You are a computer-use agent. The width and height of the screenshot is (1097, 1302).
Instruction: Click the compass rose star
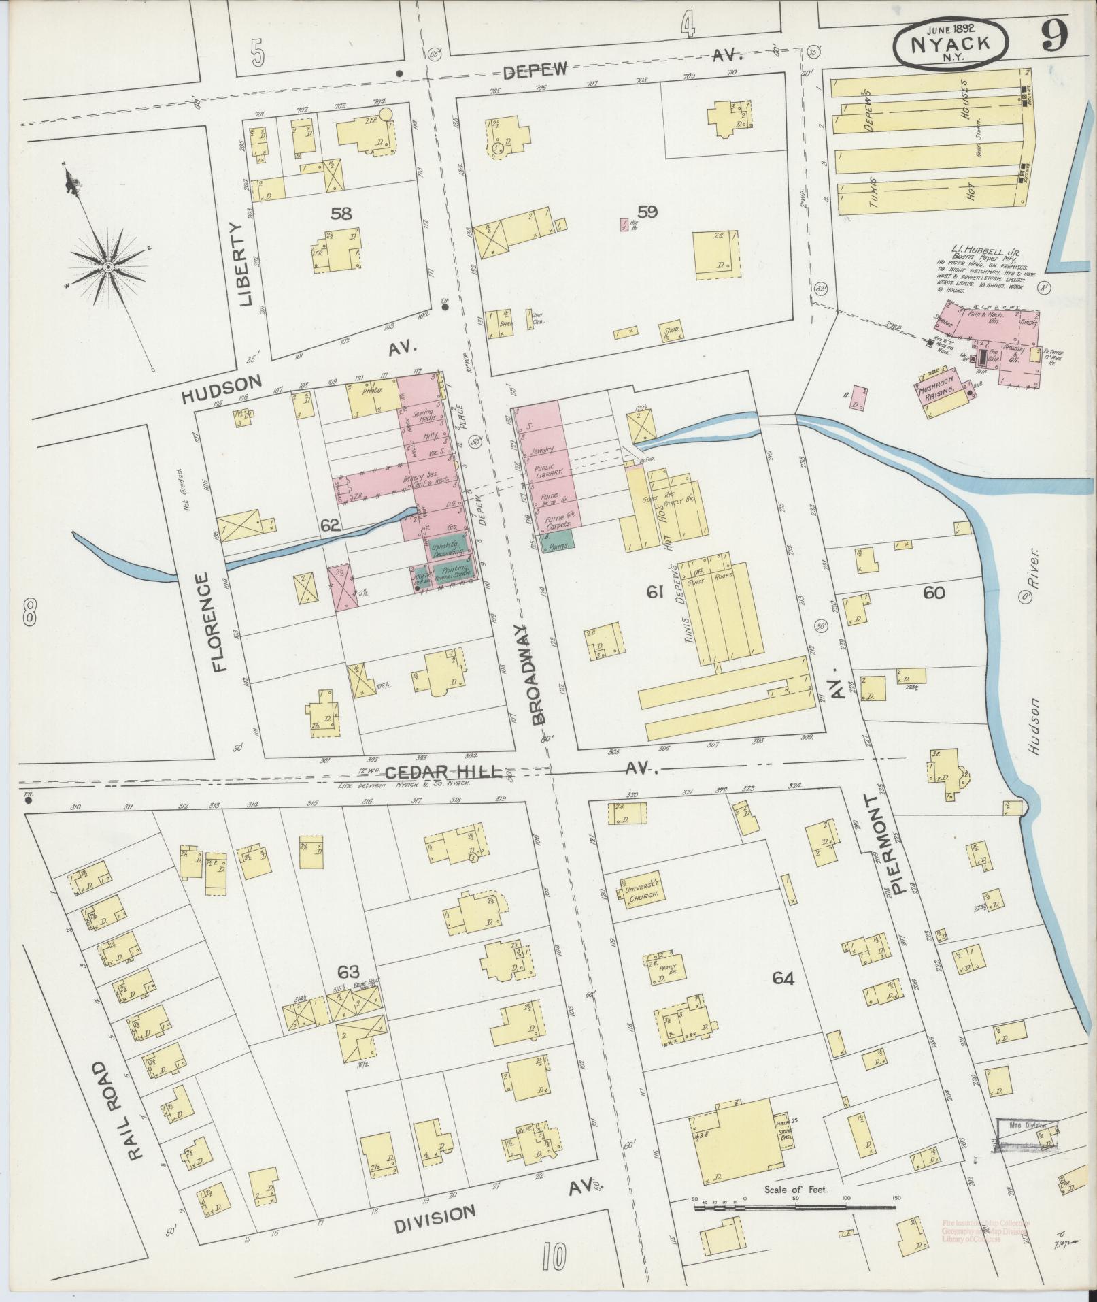108,266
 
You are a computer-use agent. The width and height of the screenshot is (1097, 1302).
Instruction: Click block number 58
341,214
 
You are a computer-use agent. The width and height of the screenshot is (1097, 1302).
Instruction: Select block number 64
783,978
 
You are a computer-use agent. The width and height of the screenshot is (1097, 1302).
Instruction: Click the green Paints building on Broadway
559,540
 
